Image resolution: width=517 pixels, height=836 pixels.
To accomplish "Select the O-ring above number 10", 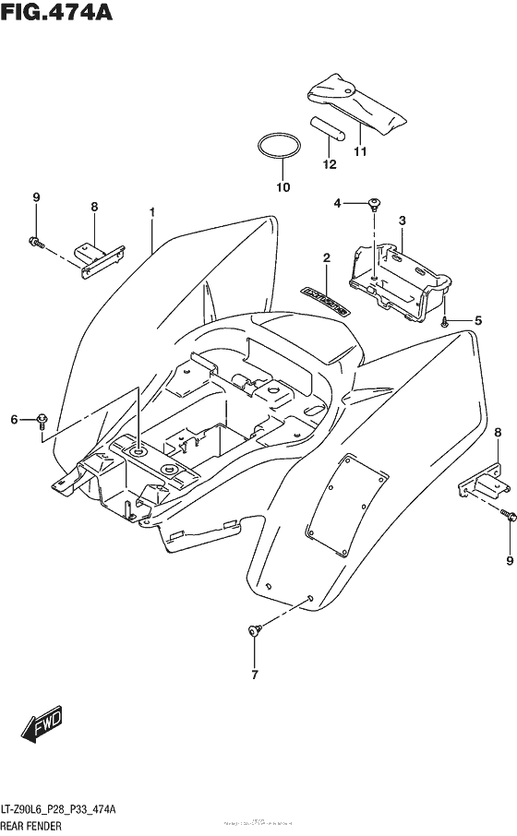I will (279, 147).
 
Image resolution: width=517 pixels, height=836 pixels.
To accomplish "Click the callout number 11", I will (360, 151).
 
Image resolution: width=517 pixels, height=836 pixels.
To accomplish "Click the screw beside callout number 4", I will (374, 204).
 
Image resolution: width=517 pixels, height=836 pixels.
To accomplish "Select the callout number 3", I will (403, 220).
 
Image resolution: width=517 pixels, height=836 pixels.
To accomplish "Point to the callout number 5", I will (478, 320).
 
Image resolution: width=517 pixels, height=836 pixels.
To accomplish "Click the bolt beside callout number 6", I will (43, 421).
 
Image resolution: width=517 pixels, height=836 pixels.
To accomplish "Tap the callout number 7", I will (255, 674).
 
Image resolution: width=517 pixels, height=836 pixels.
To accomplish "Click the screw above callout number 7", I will (254, 631).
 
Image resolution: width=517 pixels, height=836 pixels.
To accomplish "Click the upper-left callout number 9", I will (36, 197).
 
